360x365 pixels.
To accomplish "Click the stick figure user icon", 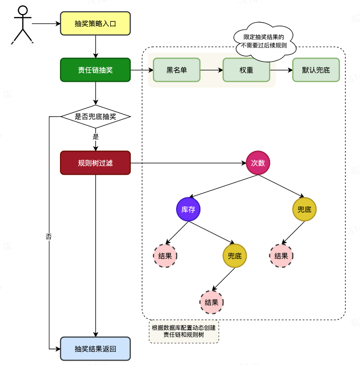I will (22, 25).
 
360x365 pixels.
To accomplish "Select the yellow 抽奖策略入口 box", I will (95, 23).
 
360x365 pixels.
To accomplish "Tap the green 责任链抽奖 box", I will (95, 70).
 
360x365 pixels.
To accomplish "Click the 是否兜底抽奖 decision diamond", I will (95, 117).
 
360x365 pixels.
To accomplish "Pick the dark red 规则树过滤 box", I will (95, 163).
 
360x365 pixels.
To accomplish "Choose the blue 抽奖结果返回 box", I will (95, 349).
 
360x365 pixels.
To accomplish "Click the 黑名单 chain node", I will (177, 70).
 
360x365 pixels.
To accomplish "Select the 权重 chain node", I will (246, 70).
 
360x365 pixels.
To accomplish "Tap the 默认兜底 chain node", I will (316, 70).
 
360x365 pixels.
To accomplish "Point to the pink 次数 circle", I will (258, 163).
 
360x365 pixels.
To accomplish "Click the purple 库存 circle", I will (188, 209).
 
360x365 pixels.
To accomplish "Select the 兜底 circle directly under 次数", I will (304, 209).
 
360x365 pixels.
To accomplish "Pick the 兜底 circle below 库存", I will (235, 256).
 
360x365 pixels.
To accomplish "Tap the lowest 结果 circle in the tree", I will (211, 302).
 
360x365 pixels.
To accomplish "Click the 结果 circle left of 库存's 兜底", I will (165, 256).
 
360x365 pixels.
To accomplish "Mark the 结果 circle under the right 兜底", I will (281, 256).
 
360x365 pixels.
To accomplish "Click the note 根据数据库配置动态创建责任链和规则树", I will (183, 332).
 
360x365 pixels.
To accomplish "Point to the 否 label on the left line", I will (49, 237).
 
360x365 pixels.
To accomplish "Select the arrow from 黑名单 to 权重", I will (211, 70).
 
